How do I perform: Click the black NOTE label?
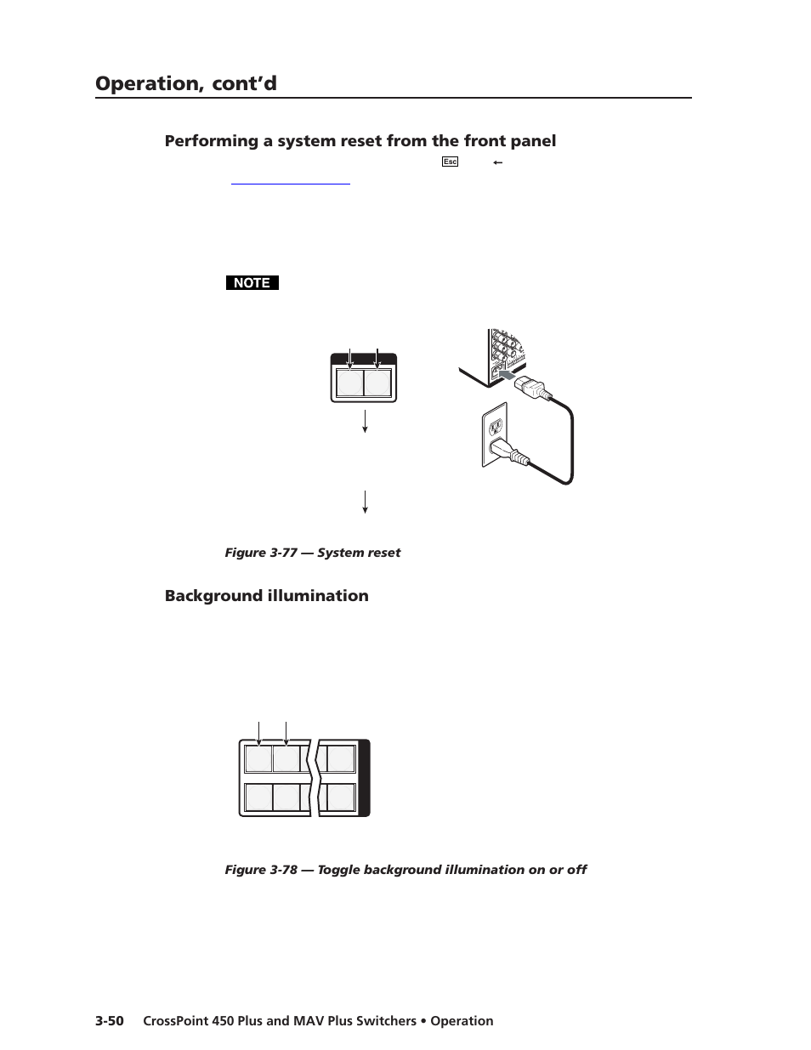pyautogui.click(x=252, y=283)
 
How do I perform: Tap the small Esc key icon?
pyautogui.click(x=450, y=162)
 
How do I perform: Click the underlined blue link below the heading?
pyautogui.click(x=290, y=181)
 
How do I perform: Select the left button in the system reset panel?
pyautogui.click(x=349, y=383)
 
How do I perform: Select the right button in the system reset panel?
pyautogui.click(x=377, y=383)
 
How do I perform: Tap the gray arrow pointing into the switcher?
pyautogui.click(x=505, y=374)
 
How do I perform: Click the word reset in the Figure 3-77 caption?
pyautogui.click(x=383, y=553)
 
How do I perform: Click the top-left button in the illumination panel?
pyautogui.click(x=258, y=758)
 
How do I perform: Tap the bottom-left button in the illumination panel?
pyautogui.click(x=258, y=797)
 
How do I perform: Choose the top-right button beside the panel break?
pyautogui.click(x=340, y=758)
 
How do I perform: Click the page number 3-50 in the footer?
pyautogui.click(x=110, y=1021)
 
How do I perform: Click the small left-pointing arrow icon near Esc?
pyautogui.click(x=497, y=162)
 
